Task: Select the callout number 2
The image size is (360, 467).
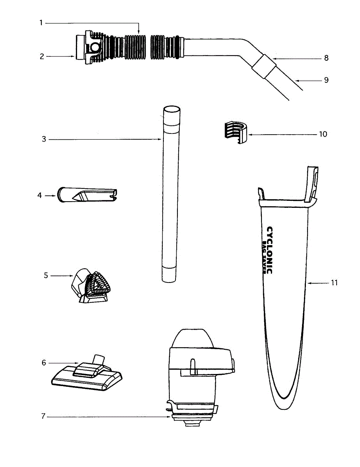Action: click(42, 56)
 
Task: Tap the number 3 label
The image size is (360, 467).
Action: click(44, 139)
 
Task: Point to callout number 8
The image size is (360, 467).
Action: click(326, 58)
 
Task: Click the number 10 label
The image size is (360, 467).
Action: click(323, 134)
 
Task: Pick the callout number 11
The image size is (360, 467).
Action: click(334, 283)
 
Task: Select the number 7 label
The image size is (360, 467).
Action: click(44, 416)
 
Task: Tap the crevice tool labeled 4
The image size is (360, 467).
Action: click(87, 195)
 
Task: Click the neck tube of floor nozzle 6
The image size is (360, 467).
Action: click(100, 359)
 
